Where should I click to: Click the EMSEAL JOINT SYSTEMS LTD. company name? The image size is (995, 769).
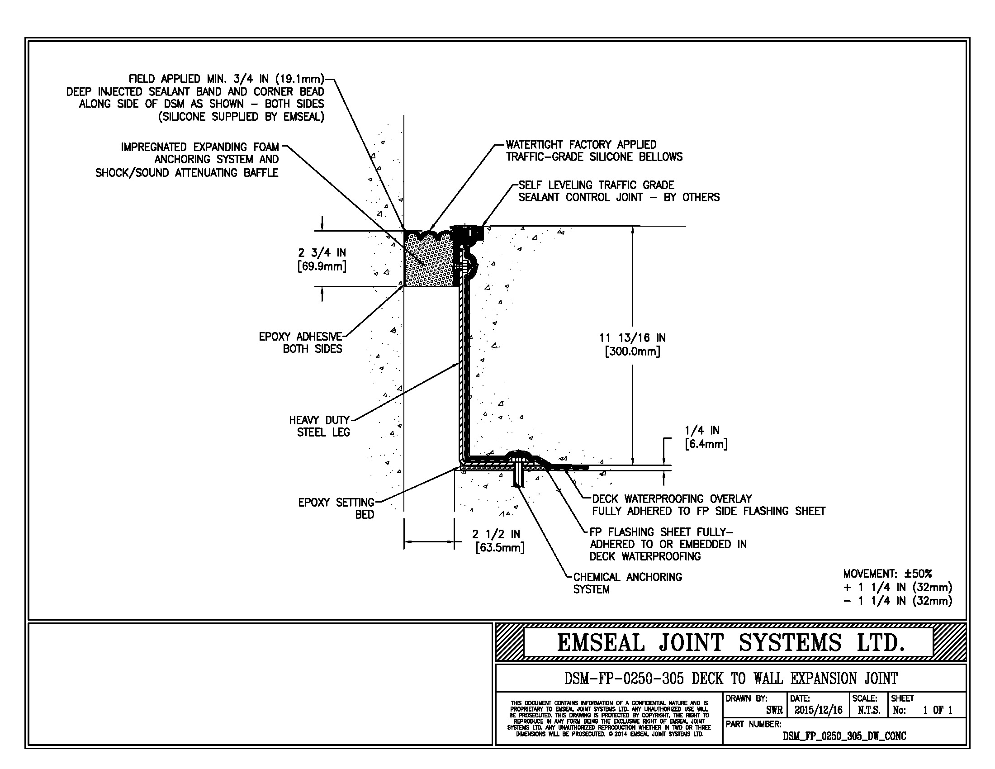click(x=730, y=643)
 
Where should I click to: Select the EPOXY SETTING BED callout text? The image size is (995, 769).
click(x=336, y=508)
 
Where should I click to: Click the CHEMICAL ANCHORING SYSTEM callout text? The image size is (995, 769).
click(x=627, y=583)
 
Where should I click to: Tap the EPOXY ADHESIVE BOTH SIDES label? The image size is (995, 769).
click(x=301, y=342)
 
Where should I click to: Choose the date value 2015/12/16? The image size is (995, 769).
click(x=819, y=710)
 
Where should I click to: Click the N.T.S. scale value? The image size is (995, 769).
click(x=869, y=710)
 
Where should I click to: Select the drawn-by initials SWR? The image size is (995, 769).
click(x=774, y=710)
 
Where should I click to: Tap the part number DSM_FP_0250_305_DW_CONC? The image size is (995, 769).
click(x=844, y=736)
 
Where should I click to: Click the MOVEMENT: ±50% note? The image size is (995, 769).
click(x=887, y=574)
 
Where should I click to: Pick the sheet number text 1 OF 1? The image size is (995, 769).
click(x=938, y=710)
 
